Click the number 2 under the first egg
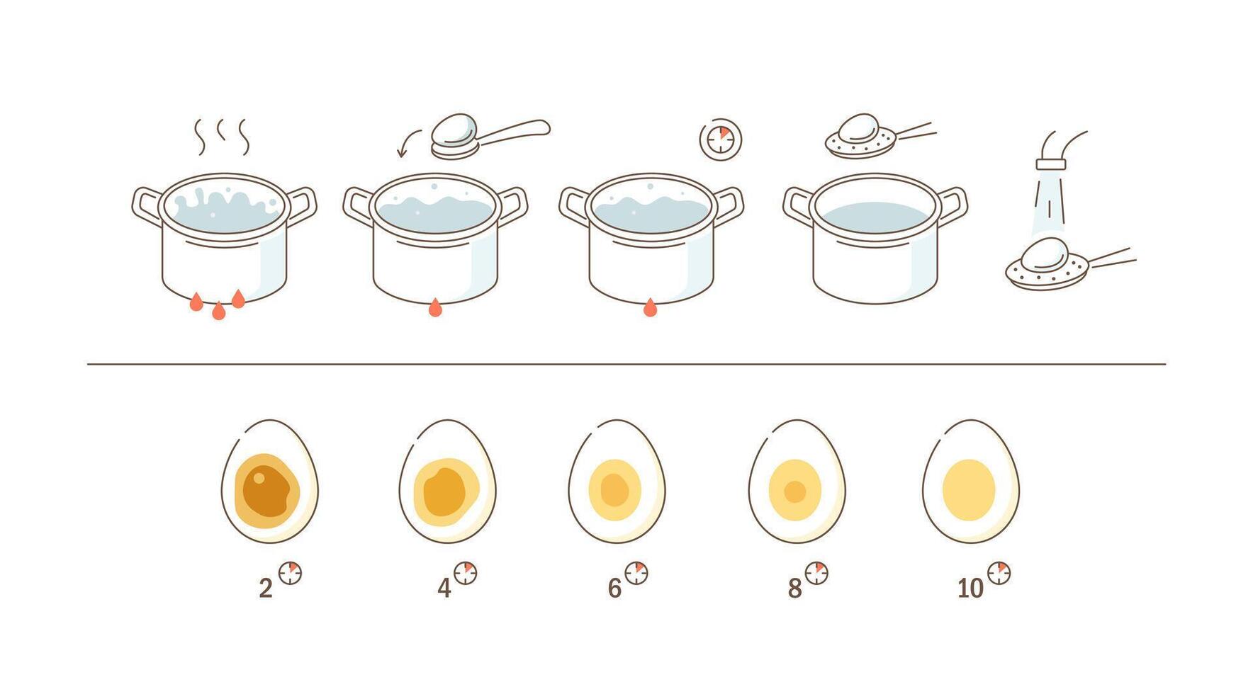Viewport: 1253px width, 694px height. (266, 588)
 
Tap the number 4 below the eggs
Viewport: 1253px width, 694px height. (444, 588)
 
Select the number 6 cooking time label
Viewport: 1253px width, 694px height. (614, 588)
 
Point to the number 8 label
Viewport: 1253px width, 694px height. (794, 588)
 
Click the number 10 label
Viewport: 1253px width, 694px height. (970, 588)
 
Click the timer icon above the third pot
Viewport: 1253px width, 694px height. (720, 140)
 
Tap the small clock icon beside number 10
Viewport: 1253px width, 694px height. (999, 573)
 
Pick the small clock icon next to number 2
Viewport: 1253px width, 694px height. (290, 573)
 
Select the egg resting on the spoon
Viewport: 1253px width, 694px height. (454, 129)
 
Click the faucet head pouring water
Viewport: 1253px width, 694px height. (1051, 164)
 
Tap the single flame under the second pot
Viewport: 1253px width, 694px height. (435, 307)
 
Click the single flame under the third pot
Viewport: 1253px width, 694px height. (649, 307)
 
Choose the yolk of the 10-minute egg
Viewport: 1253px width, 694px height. (969, 490)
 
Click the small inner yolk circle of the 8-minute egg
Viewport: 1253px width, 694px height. (794, 491)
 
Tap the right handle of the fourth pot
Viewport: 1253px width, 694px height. (953, 205)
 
